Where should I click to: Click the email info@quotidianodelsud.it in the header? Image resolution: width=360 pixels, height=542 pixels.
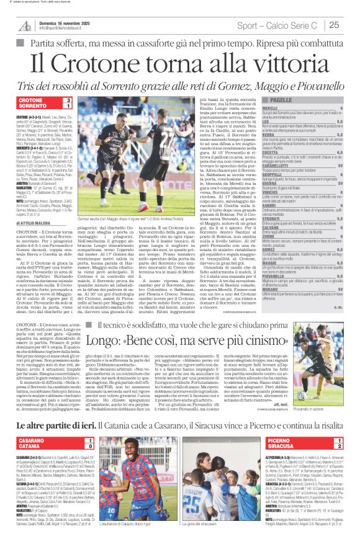tap(63, 29)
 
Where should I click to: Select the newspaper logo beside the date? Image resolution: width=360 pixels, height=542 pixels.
tap(25, 25)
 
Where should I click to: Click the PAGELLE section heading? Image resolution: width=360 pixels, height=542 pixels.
tap(282, 100)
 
